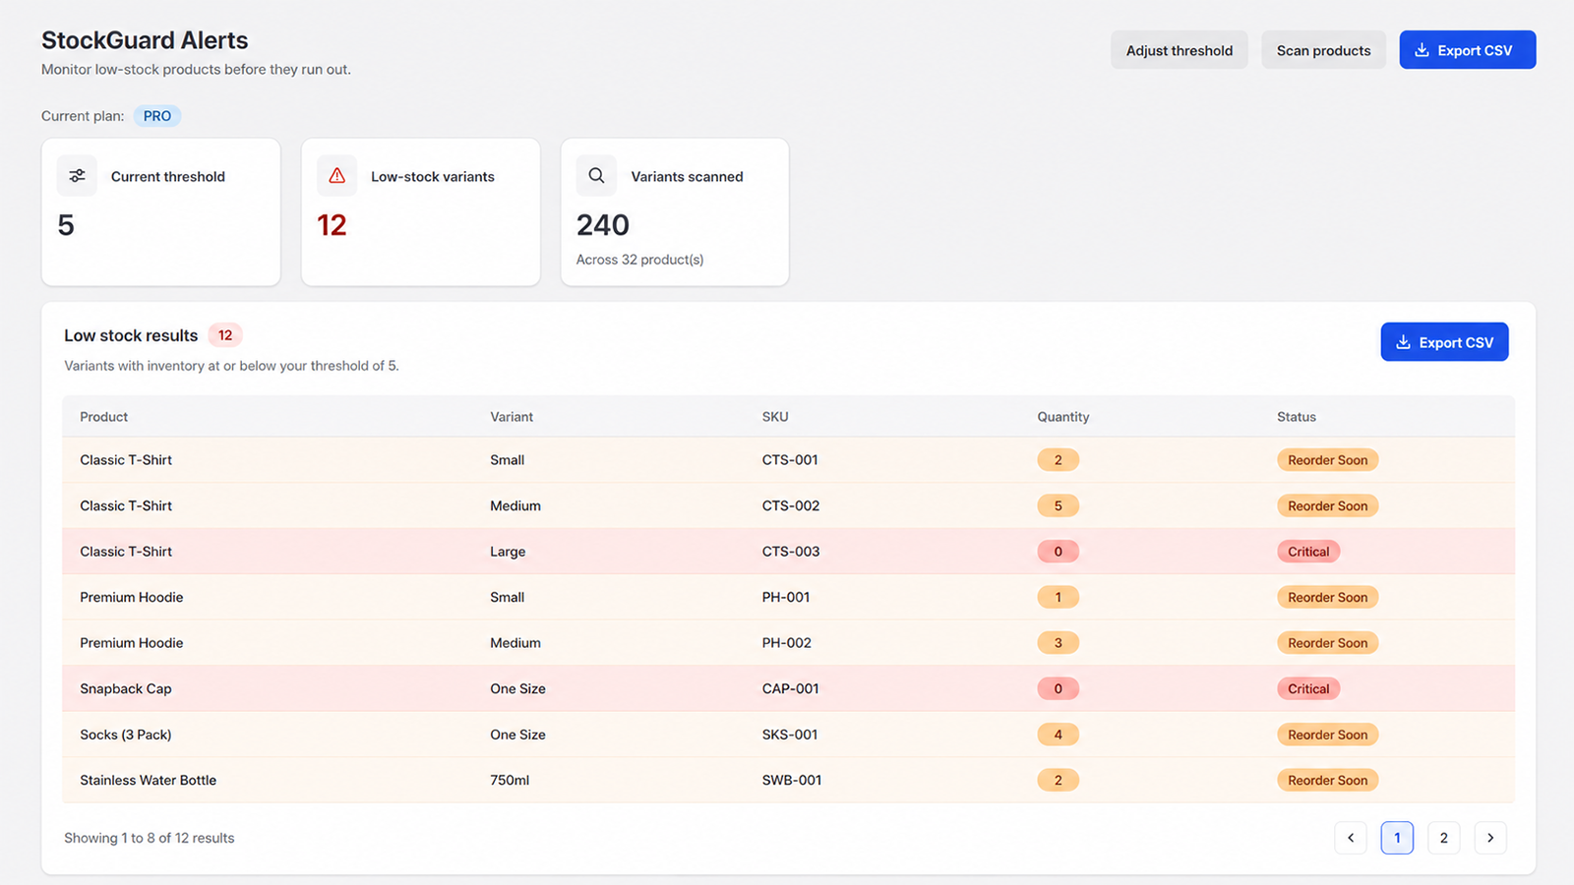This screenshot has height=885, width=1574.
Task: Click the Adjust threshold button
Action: coord(1180,50)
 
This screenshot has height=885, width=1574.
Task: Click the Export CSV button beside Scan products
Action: coord(1467,50)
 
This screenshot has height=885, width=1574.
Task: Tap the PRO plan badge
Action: coord(157,116)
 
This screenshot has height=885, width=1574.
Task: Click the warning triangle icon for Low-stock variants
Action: coord(337,176)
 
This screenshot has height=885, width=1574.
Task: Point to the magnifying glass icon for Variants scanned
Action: coord(596,176)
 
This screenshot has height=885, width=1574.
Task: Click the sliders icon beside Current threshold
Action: coord(78,176)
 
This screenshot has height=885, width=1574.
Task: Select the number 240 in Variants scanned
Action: coord(603,225)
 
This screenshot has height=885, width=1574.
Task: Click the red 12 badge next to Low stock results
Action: coord(225,335)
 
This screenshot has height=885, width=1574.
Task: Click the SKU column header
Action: coord(775,417)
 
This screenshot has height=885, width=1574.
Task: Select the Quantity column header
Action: coord(1063,417)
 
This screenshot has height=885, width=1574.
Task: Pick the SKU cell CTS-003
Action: coord(791,552)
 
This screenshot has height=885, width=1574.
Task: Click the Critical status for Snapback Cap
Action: coord(1308,688)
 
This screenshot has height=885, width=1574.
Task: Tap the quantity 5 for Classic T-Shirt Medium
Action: coord(1059,505)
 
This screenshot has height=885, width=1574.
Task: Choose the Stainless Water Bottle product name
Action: coord(149,780)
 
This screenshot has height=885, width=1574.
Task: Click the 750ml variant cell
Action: coord(510,780)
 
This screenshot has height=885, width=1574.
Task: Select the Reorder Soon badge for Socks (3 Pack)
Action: coord(1327,734)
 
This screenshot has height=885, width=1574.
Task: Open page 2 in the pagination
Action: coord(1444,838)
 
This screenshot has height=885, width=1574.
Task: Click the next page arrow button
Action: coord(1490,838)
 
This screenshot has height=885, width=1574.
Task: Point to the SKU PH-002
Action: coord(786,643)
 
